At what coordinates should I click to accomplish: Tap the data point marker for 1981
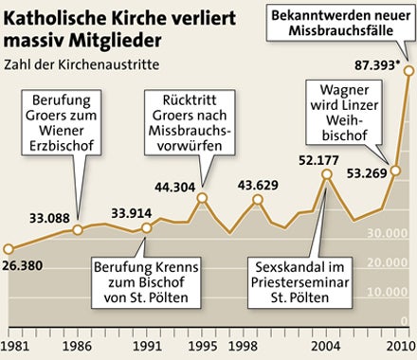9,249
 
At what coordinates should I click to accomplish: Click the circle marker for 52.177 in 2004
327,174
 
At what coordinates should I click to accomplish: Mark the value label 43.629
257,184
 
